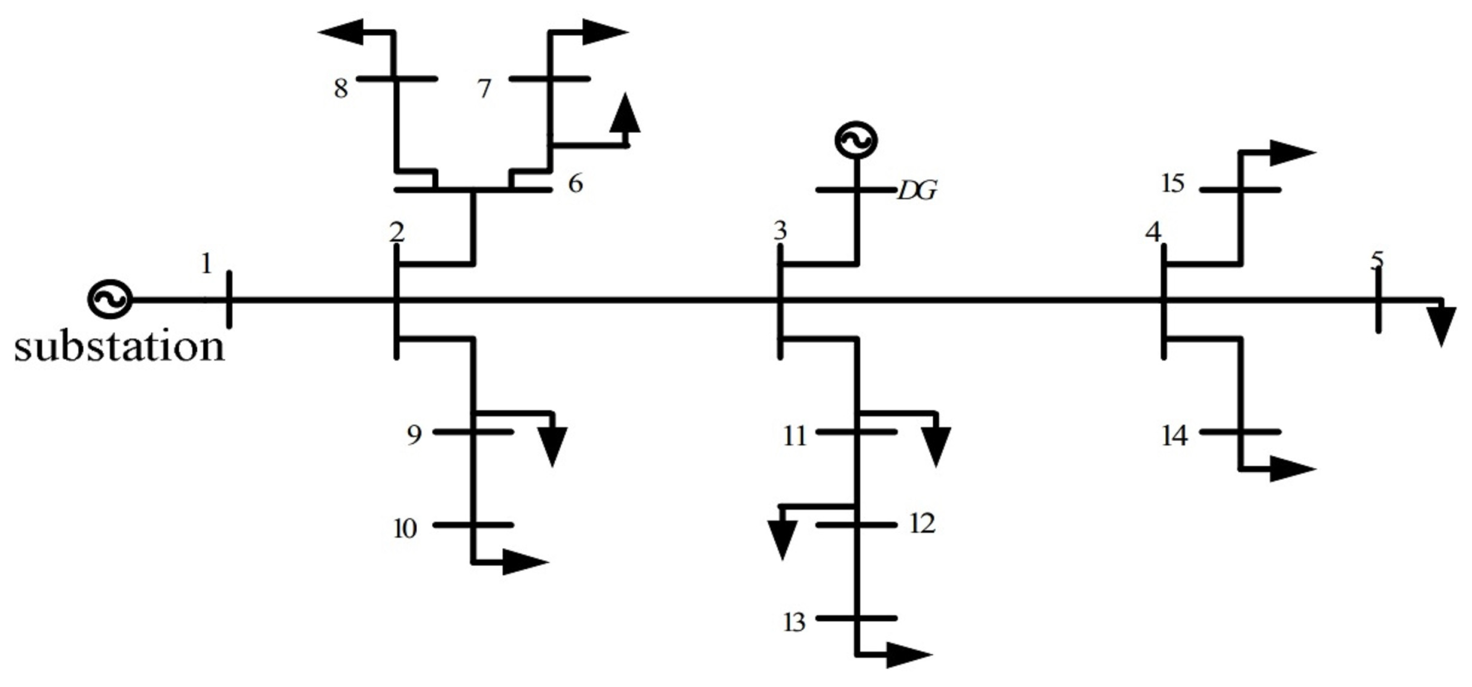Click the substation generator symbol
pyautogui.click(x=110, y=299)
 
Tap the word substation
pyautogui.click(x=119, y=347)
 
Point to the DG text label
pyautogui.click(x=917, y=191)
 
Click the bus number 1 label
pyautogui.click(x=207, y=264)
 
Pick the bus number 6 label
pyautogui.click(x=575, y=184)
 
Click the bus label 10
pyautogui.click(x=405, y=529)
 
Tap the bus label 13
pyautogui.click(x=794, y=622)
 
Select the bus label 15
pyautogui.click(x=1173, y=184)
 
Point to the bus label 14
pyautogui.click(x=1175, y=436)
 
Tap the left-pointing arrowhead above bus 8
pyautogui.click(x=341, y=32)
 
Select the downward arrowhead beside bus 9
pyautogui.click(x=552, y=446)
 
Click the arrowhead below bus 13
pyautogui.click(x=909, y=655)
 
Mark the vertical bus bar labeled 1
pyautogui.click(x=229, y=299)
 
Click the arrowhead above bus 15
pyautogui.click(x=1292, y=153)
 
